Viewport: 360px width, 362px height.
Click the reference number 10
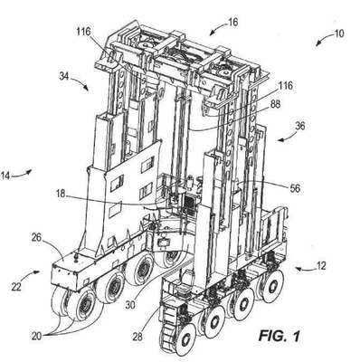pyautogui.click(x=338, y=33)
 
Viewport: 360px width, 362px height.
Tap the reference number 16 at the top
pyautogui.click(x=232, y=22)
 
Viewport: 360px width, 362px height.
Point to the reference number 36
pyautogui.click(x=299, y=126)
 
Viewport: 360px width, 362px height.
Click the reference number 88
pyautogui.click(x=274, y=105)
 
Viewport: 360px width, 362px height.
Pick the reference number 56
pyautogui.click(x=295, y=188)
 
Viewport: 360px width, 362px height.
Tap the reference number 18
pyautogui.click(x=61, y=194)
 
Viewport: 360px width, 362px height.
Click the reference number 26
pyautogui.click(x=38, y=237)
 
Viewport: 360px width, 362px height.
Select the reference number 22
pyautogui.click(x=16, y=286)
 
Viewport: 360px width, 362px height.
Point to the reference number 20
pyautogui.click(x=37, y=336)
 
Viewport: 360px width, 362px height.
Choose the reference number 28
pyautogui.click(x=137, y=337)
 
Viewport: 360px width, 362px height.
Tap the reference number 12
pyautogui.click(x=321, y=266)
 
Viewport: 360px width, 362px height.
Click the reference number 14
pyautogui.click(x=5, y=176)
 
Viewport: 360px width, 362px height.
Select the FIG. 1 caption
pyautogui.click(x=279, y=336)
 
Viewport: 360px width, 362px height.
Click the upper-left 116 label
pyautogui.click(x=83, y=32)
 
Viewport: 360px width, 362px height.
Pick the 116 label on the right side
pyautogui.click(x=285, y=85)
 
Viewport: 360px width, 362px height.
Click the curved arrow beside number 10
pyautogui.click(x=324, y=40)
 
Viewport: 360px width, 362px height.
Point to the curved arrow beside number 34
pyautogui.click(x=81, y=81)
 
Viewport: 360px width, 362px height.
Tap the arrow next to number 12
pyautogui.click(x=304, y=268)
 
